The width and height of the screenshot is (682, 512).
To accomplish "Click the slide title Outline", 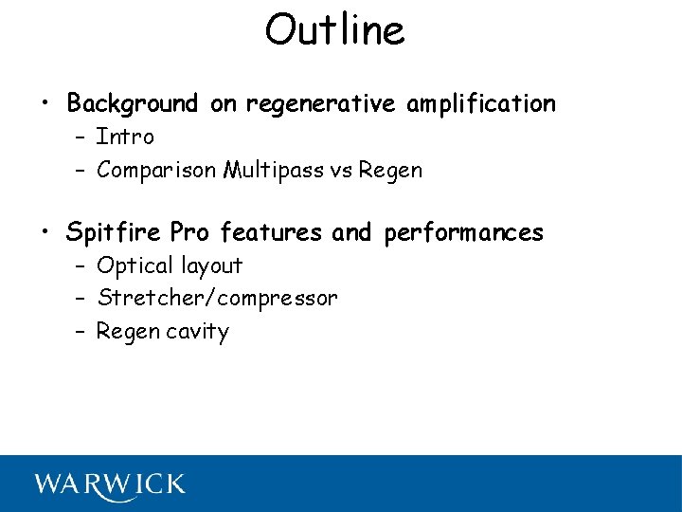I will point(334,30).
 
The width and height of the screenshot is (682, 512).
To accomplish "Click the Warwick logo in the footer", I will point(110,484).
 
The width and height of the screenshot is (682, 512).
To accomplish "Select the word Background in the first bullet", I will point(133,103).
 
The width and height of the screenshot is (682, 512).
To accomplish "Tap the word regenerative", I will point(322,104).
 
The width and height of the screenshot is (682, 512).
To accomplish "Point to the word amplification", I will point(481,104).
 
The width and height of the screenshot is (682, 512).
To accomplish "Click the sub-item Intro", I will point(125,137).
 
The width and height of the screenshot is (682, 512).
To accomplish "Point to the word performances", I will point(464,233).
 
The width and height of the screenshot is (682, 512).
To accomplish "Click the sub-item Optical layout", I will point(170,265).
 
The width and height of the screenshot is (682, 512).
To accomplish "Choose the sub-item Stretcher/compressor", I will point(217,299).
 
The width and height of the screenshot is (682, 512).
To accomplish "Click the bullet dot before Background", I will point(44,103).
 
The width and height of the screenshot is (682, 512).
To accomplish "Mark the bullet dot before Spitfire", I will point(44,232).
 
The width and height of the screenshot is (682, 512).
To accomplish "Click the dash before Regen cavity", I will point(80,332).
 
